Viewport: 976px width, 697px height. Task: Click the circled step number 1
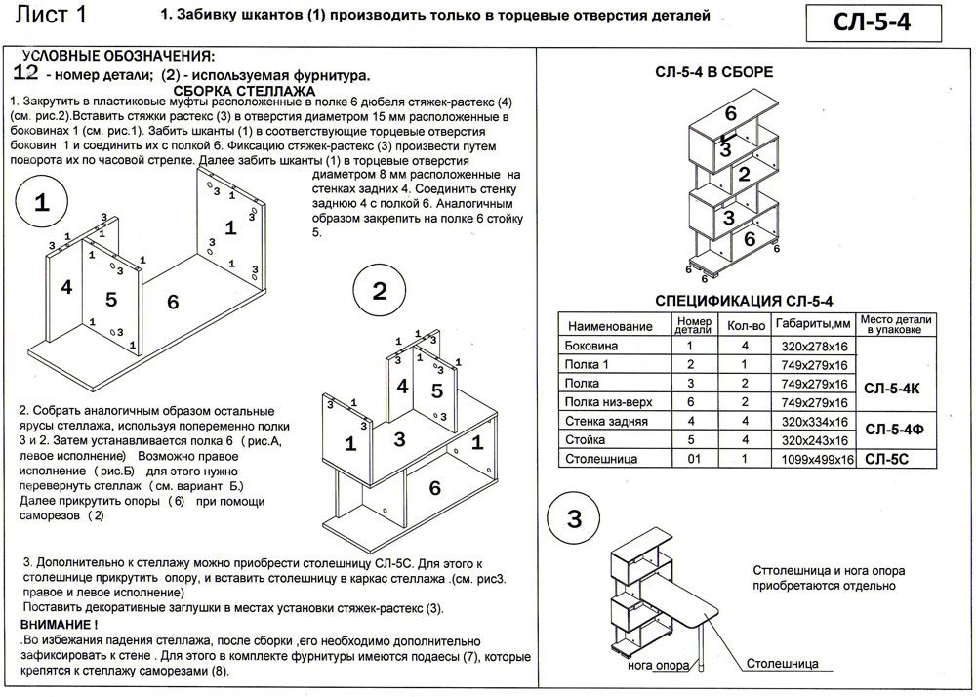click(42, 204)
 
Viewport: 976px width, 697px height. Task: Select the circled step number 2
click(380, 291)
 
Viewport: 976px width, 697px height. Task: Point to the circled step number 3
click(575, 517)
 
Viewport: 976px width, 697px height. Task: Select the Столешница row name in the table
click(600, 457)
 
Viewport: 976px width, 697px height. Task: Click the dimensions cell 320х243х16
click(812, 439)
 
